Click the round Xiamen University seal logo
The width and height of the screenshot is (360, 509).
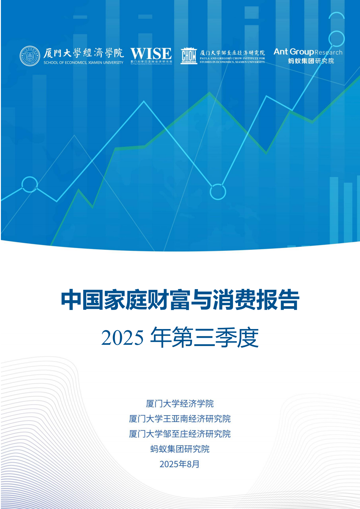(x=30, y=56)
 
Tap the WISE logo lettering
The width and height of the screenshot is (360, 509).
(x=151, y=54)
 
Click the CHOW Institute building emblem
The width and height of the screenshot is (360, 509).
(x=189, y=56)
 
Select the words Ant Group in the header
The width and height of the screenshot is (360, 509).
(x=293, y=52)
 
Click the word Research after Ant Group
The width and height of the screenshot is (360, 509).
(x=328, y=52)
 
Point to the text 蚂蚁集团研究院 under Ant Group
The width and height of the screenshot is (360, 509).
(x=311, y=61)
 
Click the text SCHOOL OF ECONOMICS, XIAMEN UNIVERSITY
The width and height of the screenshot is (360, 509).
(x=83, y=63)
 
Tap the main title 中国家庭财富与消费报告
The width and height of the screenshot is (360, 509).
(x=180, y=300)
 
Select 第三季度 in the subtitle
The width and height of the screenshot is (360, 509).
(x=215, y=338)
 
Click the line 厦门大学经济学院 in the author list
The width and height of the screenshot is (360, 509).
(x=180, y=403)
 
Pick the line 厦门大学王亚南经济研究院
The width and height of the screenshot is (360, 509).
(x=180, y=419)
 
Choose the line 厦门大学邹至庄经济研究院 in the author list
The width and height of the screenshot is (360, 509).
(x=180, y=434)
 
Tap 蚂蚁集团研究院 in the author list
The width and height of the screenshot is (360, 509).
(x=180, y=449)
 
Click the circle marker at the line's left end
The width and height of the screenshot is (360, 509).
(x=30, y=184)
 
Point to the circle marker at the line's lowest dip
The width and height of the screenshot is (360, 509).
(x=218, y=192)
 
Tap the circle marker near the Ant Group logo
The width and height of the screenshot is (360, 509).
(x=336, y=39)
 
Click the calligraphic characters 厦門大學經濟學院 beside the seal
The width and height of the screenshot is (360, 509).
(x=83, y=53)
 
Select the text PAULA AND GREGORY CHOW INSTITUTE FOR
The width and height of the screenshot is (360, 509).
(x=232, y=58)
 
